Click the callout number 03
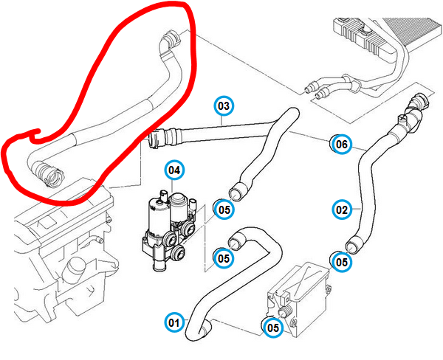224,106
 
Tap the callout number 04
174,171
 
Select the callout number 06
340,145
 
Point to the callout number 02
341,210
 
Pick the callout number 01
174,322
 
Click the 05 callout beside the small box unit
273,328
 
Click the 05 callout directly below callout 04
224,210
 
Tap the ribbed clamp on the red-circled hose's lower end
48,176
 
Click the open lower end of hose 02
354,243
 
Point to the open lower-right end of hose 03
238,193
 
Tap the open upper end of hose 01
236,240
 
